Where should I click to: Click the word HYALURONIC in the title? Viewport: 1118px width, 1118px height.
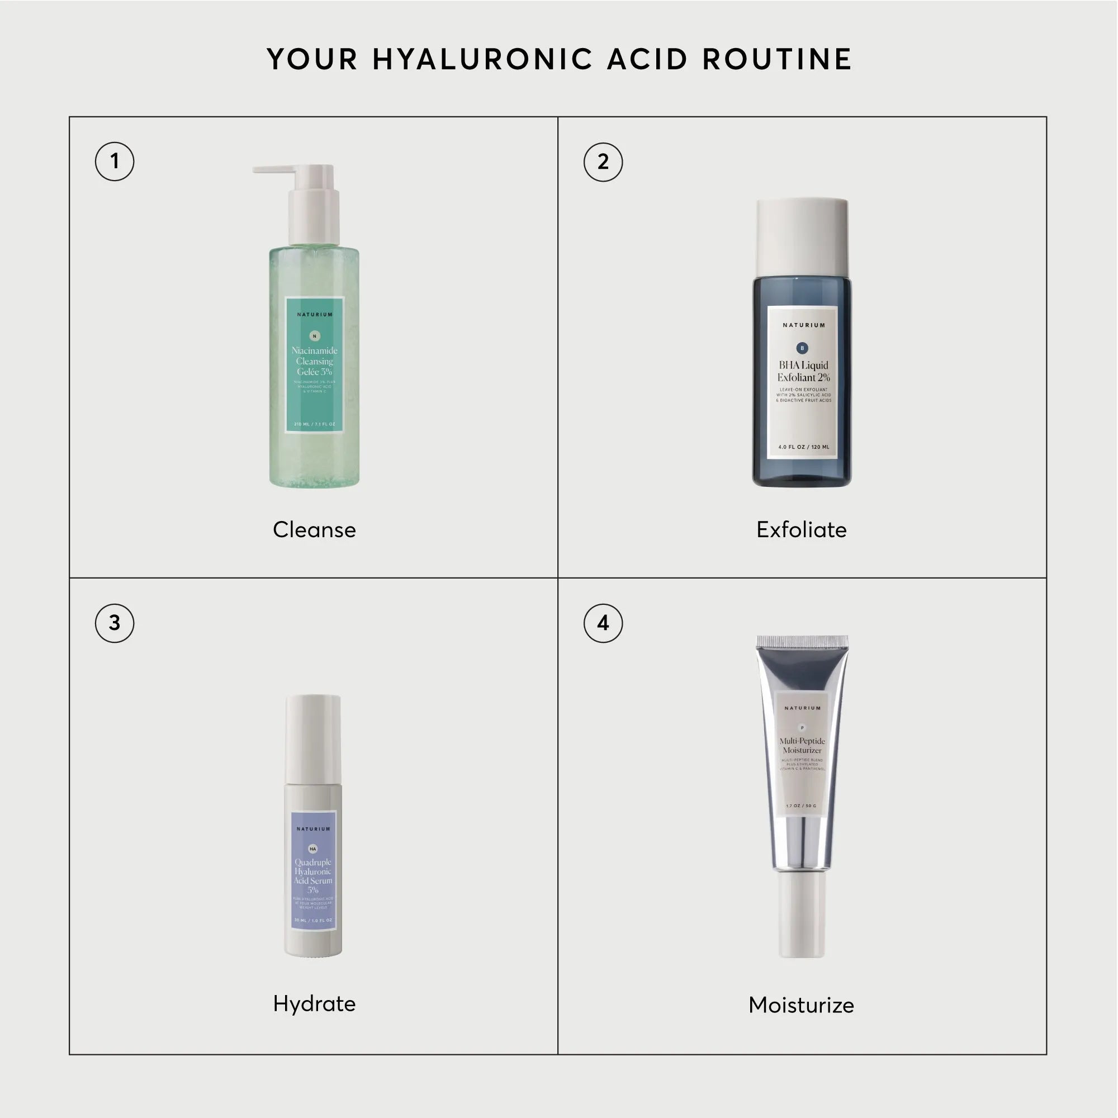click(482, 59)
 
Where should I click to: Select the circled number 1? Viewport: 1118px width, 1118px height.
click(115, 162)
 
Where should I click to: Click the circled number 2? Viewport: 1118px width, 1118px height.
click(603, 162)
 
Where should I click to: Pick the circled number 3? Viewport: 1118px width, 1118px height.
click(115, 623)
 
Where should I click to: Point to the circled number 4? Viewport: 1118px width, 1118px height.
click(603, 623)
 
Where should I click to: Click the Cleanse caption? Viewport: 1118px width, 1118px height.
click(314, 529)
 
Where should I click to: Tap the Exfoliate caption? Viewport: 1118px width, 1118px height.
click(802, 529)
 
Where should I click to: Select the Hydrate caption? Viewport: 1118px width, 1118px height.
click(314, 1003)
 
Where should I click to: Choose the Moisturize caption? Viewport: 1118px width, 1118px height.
click(802, 1005)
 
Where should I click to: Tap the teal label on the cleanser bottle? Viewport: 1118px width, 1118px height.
click(314, 364)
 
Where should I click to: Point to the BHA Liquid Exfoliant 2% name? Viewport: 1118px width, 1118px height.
click(803, 371)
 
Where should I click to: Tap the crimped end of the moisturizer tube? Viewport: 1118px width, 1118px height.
click(802, 641)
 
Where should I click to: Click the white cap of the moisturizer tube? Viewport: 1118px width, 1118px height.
click(802, 915)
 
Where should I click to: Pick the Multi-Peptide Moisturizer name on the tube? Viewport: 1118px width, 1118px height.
click(802, 745)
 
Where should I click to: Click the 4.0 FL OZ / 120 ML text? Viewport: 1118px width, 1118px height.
click(803, 447)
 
